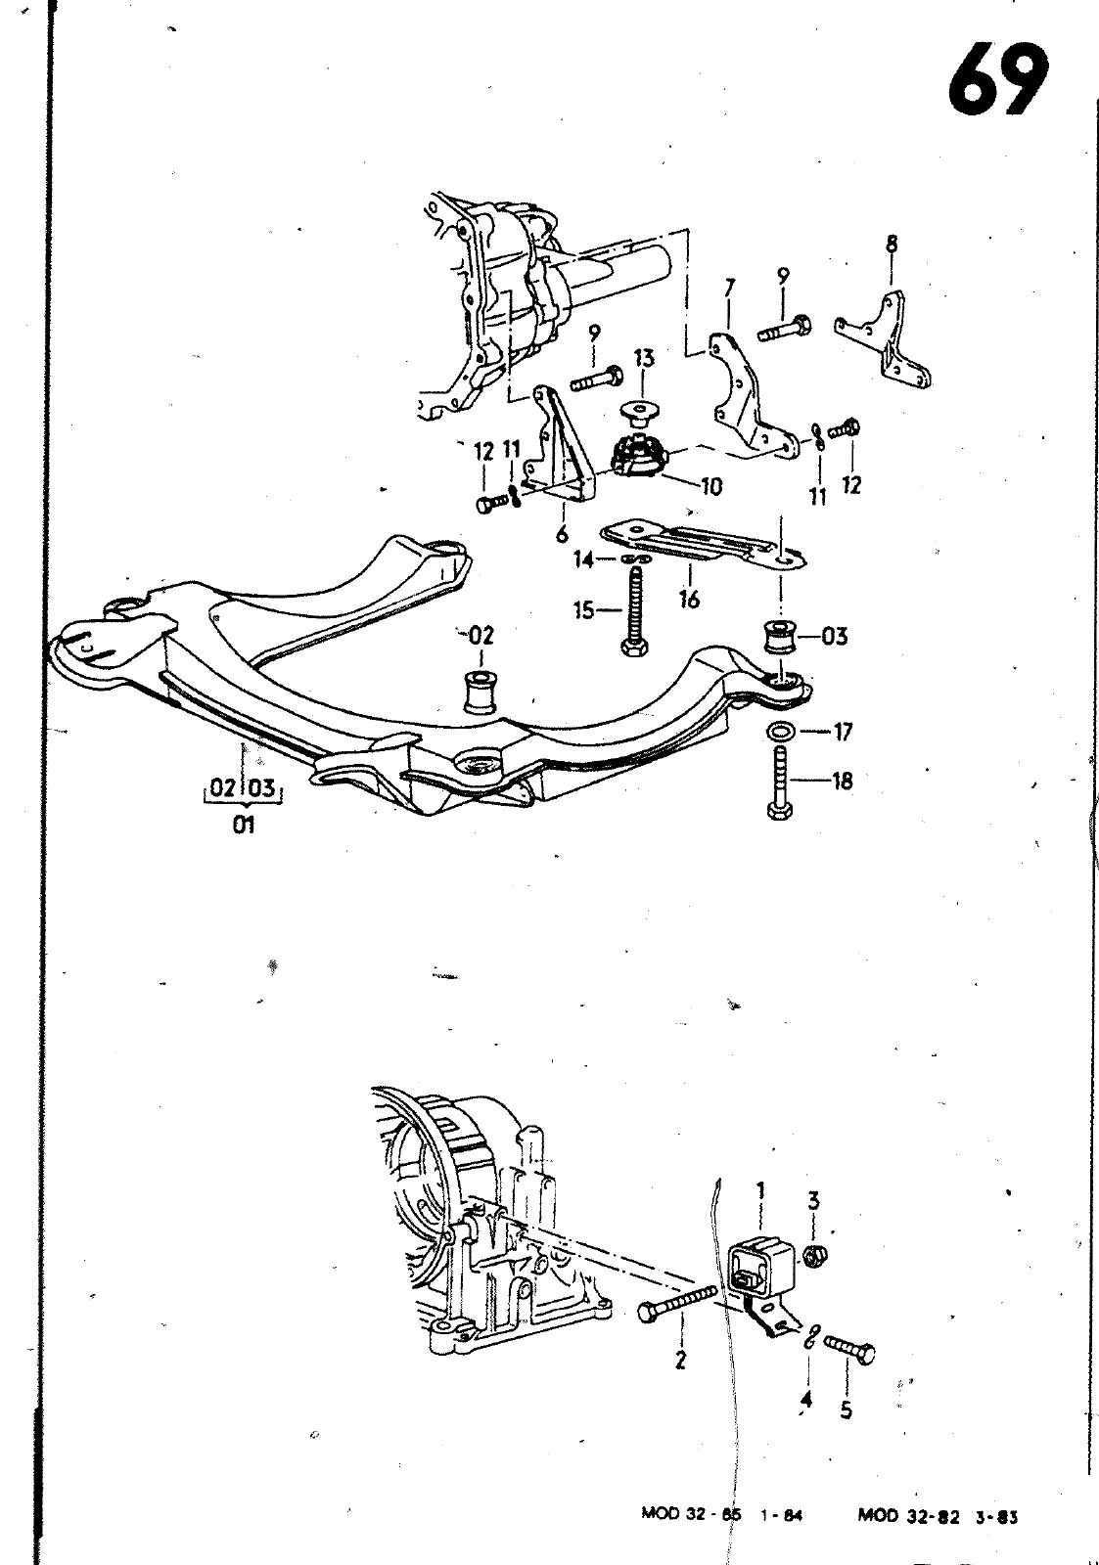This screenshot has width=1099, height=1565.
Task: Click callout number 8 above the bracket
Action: click(892, 245)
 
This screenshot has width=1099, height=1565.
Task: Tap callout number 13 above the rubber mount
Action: click(643, 359)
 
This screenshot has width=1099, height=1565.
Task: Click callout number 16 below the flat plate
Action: click(689, 600)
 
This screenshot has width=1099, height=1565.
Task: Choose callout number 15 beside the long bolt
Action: click(584, 610)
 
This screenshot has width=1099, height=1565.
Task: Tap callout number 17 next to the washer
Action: click(843, 731)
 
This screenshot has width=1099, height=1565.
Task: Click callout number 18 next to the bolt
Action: click(842, 782)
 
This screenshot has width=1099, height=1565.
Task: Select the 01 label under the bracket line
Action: click(244, 824)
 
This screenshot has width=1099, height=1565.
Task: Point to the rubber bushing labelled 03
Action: click(780, 639)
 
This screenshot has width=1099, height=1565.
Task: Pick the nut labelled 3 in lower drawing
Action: click(812, 1256)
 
